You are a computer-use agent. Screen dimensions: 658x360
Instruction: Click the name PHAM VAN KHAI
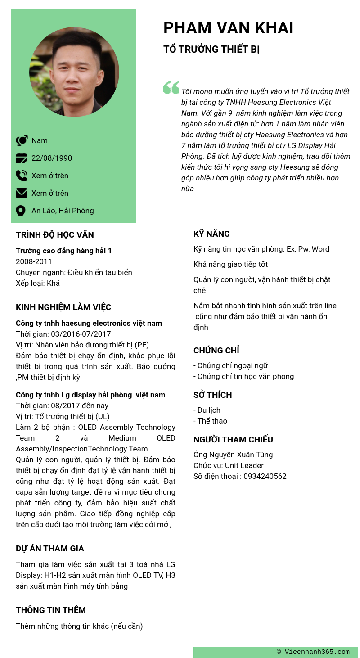pos(228,28)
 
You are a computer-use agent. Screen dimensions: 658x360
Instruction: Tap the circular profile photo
pos(74,72)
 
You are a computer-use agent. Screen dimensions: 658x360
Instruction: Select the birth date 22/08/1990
pos(52,158)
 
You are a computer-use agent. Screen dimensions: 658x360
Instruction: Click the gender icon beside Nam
pos(22,140)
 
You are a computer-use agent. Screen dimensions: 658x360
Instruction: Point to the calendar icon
pos(21,158)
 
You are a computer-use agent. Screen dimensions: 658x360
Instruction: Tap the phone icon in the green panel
pos(21,176)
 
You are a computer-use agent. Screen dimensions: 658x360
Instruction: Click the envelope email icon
pos(21,193)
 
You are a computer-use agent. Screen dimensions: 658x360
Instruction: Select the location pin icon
pos(20,211)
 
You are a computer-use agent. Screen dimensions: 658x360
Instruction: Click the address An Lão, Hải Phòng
pos(63,211)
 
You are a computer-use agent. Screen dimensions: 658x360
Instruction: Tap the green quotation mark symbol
pos(171,88)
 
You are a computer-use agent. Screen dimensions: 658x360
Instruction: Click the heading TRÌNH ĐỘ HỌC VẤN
pos(55,234)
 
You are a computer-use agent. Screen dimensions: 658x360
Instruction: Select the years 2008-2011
pos(34,261)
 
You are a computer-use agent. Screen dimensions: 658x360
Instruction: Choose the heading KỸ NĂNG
pos(211,234)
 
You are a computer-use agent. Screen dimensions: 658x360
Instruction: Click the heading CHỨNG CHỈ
pos(216,350)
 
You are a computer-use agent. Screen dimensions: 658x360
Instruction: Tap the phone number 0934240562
pos(265,476)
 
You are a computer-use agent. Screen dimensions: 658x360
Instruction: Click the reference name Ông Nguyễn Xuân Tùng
pos(233,455)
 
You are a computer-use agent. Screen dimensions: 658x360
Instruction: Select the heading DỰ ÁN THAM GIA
pos(50,548)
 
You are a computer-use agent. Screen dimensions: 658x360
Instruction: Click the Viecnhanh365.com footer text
pos(313,652)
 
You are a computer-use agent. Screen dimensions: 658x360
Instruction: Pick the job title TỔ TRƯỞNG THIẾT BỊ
pos(211,50)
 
